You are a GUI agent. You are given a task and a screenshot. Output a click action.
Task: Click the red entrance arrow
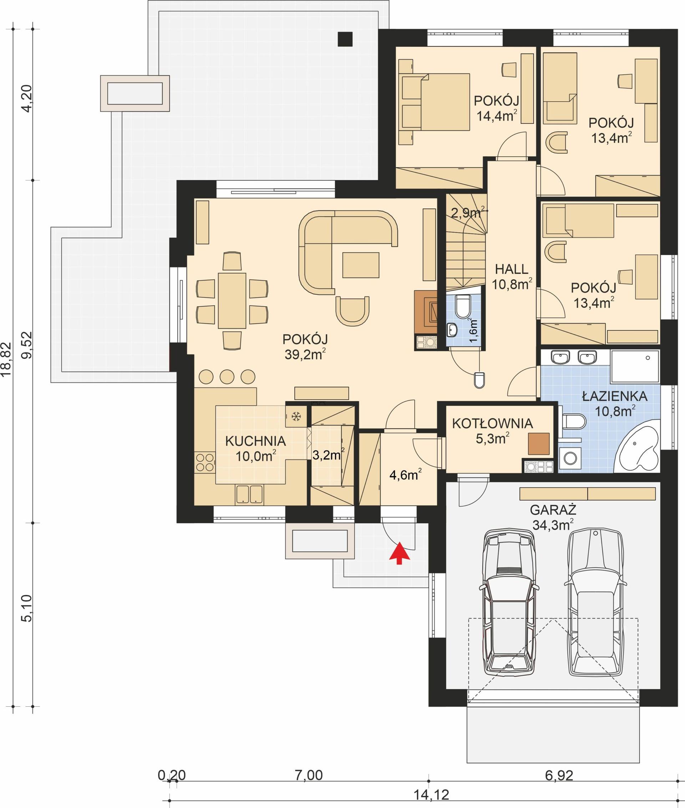400,553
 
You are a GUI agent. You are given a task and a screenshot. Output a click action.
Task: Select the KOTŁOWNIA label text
492,423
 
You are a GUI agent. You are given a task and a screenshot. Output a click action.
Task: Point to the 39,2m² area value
305,355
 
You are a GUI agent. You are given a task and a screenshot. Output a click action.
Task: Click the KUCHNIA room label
255,441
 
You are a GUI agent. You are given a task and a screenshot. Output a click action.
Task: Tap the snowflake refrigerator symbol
296,417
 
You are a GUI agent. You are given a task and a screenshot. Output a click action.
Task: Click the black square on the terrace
345,39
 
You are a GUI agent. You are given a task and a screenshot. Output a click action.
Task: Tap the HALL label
511,269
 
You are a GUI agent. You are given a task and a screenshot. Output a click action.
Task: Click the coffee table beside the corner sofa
360,265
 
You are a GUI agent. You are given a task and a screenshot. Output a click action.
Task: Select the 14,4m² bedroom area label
496,116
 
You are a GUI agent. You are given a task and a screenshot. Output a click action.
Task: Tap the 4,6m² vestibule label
405,474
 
